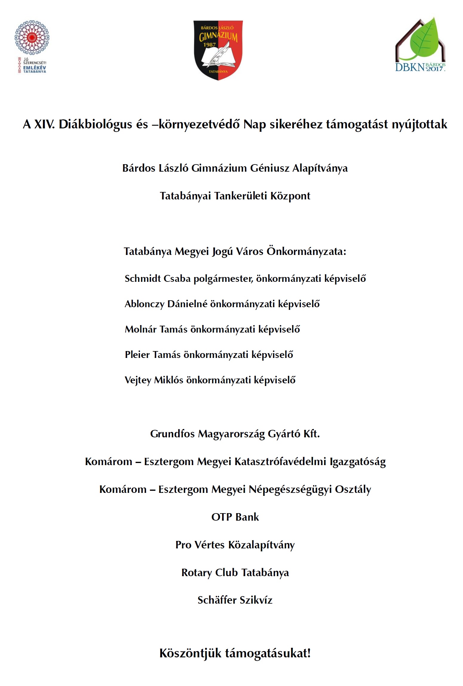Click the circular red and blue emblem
coord(32,37)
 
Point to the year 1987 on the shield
coord(209,45)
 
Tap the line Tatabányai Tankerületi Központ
coord(235,196)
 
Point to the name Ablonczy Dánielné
coord(166,304)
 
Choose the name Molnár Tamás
coord(156,329)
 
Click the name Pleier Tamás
coord(153,355)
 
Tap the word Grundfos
coord(172,434)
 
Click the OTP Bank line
coord(235,517)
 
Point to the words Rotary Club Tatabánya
coord(235,572)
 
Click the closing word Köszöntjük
coord(190,653)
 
